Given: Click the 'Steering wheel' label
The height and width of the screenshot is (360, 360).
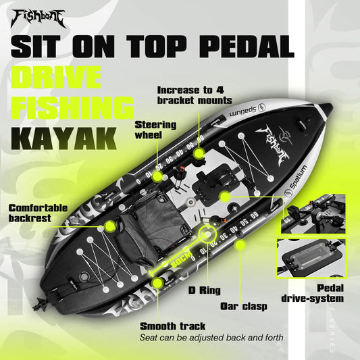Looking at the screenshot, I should tap(155, 129).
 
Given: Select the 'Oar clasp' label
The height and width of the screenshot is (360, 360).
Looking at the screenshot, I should tap(244, 305).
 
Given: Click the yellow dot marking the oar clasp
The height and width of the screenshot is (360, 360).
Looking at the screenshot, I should tap(237, 247).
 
